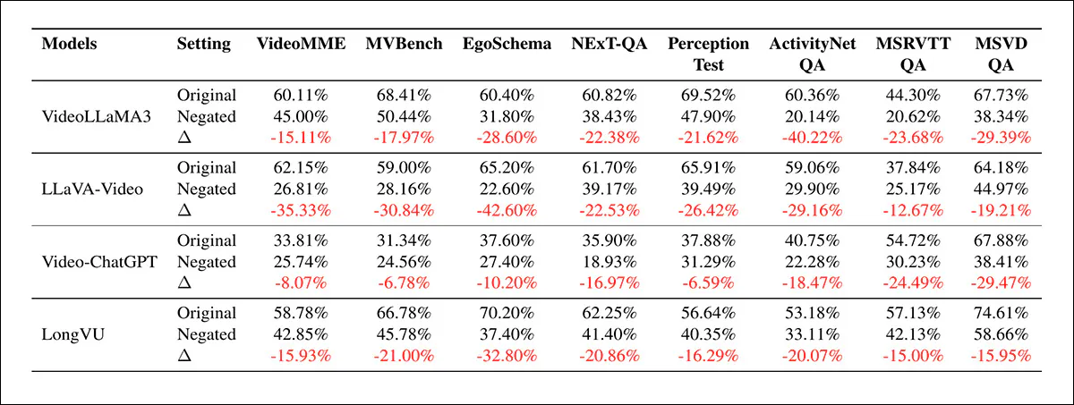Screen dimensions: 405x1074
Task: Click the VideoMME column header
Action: pyautogui.click(x=301, y=44)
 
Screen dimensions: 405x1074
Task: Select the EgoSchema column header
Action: pyautogui.click(x=507, y=44)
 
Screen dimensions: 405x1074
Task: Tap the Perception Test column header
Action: pyautogui.click(x=708, y=54)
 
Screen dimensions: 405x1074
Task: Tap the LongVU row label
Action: pyautogui.click(x=69, y=334)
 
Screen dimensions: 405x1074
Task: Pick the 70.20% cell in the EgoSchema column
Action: pyautogui.click(x=507, y=314)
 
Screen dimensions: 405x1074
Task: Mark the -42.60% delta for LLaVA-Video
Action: pyautogui.click(x=507, y=210)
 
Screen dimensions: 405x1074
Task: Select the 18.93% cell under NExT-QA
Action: pyautogui.click(x=608, y=262)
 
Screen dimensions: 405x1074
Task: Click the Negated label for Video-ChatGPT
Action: pyautogui.click(x=206, y=262)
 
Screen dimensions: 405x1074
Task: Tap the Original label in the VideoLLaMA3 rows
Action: pyautogui.click(x=206, y=96)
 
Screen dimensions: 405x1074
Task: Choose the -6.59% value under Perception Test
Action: pyautogui.click(x=708, y=283)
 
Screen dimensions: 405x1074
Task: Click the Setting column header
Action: pyautogui.click(x=203, y=44)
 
